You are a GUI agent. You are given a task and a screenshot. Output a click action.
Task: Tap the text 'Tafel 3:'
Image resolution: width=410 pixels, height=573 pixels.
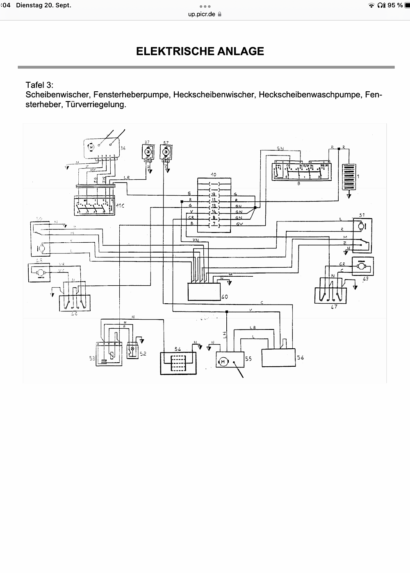pyautogui.click(x=39, y=85)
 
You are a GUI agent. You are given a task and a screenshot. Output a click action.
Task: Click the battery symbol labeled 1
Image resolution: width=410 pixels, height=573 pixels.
pyautogui.click(x=349, y=176)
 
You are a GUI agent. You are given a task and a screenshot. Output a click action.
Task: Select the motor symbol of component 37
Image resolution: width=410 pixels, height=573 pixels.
pyautogui.click(x=148, y=152)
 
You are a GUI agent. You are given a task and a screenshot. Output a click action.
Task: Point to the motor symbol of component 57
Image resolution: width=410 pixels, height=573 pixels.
pyautogui.click(x=166, y=152)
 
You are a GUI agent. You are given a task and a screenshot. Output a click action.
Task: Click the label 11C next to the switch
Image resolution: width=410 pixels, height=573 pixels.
pyautogui.click(x=120, y=206)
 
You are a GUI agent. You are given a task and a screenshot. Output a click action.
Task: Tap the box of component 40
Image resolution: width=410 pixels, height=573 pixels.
pyautogui.click(x=204, y=291)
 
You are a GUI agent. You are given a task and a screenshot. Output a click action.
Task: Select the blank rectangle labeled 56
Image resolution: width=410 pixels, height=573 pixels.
pyautogui.click(x=278, y=357)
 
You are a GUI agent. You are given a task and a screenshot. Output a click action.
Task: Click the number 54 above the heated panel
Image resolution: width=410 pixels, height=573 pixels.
pyautogui.click(x=178, y=349)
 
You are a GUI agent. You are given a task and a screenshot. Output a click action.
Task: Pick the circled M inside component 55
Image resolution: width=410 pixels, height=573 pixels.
pyautogui.click(x=223, y=362)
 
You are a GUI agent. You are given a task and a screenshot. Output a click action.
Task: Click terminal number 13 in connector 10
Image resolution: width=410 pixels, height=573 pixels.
pyautogui.click(x=213, y=206)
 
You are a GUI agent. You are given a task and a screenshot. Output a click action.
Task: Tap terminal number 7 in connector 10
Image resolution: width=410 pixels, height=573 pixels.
pyautogui.click(x=213, y=224)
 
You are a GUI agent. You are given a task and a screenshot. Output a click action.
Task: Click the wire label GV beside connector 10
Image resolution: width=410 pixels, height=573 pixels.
pyautogui.click(x=239, y=224)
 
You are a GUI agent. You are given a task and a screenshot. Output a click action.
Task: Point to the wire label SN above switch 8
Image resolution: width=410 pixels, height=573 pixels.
pyautogui.click(x=280, y=148)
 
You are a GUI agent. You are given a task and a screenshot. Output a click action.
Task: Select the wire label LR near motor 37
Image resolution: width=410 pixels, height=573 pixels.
pyautogui.click(x=127, y=178)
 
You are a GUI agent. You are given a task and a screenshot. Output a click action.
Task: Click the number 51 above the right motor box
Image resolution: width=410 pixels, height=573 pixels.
pyautogui.click(x=362, y=215)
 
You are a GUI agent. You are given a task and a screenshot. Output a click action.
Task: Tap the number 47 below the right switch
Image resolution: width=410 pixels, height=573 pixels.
pyautogui.click(x=334, y=306)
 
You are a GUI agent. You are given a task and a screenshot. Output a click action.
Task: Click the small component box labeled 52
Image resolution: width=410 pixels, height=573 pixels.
pyautogui.click(x=132, y=350)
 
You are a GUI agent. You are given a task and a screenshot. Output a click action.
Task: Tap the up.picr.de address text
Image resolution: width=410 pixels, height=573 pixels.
pyautogui.click(x=201, y=14)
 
